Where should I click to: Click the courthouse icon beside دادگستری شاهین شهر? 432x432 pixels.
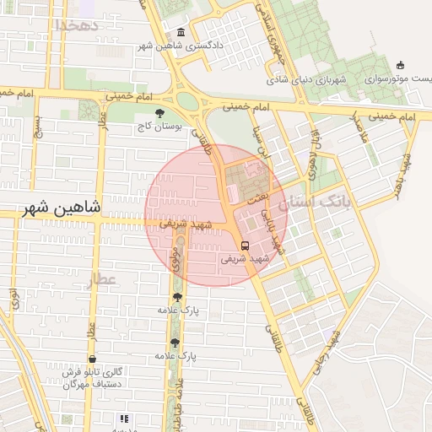coord(181,32)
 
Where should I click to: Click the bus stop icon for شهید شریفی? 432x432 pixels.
coord(245,246)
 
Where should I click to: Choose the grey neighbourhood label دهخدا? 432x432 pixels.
coord(78,24)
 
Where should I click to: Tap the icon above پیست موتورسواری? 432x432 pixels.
coord(400,65)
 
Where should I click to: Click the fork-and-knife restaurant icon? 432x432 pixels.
coord(124,418)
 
